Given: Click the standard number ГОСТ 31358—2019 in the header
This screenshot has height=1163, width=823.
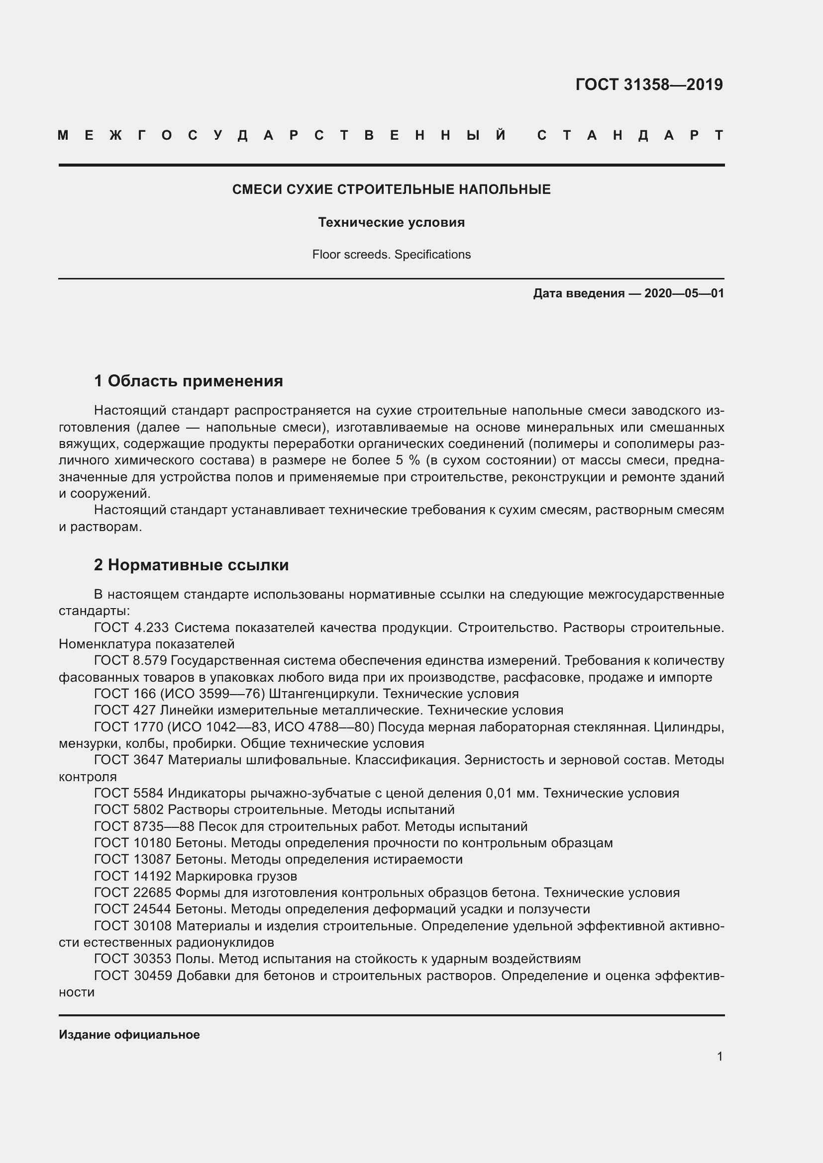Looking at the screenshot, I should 649,84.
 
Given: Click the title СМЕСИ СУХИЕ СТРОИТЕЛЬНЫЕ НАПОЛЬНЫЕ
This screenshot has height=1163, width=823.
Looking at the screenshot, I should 391,189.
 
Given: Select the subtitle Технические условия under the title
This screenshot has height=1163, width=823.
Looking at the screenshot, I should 391,222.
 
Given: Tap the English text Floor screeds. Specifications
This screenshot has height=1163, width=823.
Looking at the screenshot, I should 391,254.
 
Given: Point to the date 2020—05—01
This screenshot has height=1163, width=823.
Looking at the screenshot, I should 684,293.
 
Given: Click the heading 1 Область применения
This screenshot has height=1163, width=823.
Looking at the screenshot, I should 189,380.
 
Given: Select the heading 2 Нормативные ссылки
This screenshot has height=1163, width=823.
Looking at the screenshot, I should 191,564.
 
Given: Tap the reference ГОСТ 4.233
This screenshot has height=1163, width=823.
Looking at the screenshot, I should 131,627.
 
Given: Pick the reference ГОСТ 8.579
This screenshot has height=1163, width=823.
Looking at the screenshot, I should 131,660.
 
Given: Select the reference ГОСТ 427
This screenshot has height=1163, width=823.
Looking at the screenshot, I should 125,710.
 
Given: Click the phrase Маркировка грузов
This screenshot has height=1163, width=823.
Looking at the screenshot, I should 236,876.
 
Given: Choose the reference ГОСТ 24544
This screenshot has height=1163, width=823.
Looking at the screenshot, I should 133,909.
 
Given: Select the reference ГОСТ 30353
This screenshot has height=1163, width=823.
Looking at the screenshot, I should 133,958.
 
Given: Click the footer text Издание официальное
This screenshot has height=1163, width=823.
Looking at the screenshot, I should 129,1034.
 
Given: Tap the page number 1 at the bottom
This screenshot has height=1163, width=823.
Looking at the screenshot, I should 720,1056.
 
